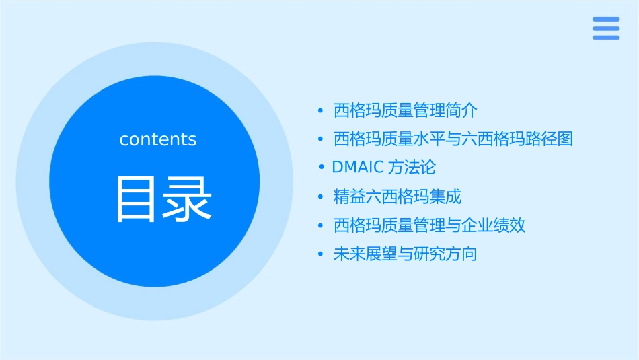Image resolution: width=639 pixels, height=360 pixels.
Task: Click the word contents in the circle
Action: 158,139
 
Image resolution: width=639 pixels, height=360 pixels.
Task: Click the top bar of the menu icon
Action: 605,20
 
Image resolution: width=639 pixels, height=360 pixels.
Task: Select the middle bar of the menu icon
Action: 605,28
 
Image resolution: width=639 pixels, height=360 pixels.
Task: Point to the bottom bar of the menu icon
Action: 605,38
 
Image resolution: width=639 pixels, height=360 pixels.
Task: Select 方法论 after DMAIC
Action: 412,167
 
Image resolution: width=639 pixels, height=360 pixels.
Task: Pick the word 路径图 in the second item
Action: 550,139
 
